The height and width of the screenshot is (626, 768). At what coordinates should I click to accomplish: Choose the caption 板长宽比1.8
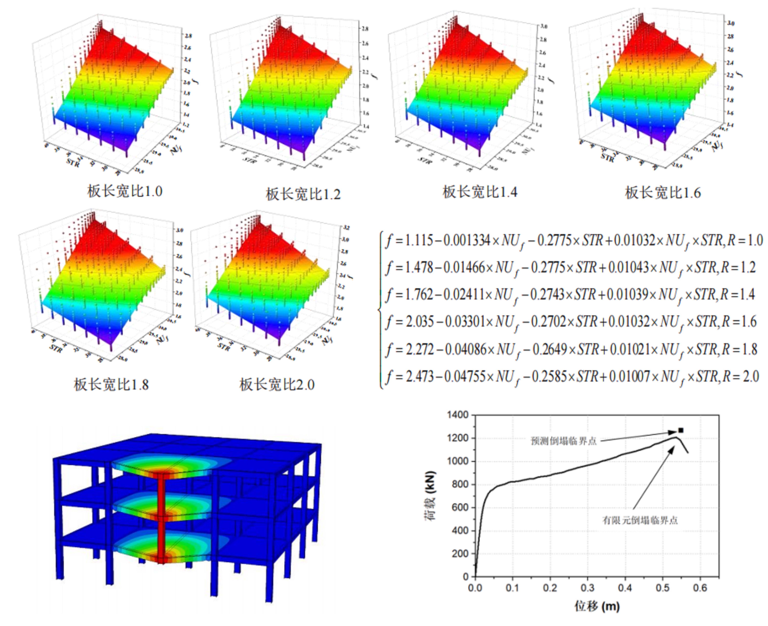click(111, 384)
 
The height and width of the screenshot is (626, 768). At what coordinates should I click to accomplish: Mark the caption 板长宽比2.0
click(277, 384)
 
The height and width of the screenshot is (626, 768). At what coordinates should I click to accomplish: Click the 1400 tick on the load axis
click(457, 415)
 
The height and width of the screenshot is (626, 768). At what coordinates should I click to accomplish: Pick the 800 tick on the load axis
click(460, 484)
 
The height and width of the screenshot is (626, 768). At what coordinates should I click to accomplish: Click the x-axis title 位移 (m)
click(597, 607)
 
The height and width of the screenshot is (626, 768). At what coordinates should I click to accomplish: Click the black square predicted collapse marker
click(681, 430)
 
